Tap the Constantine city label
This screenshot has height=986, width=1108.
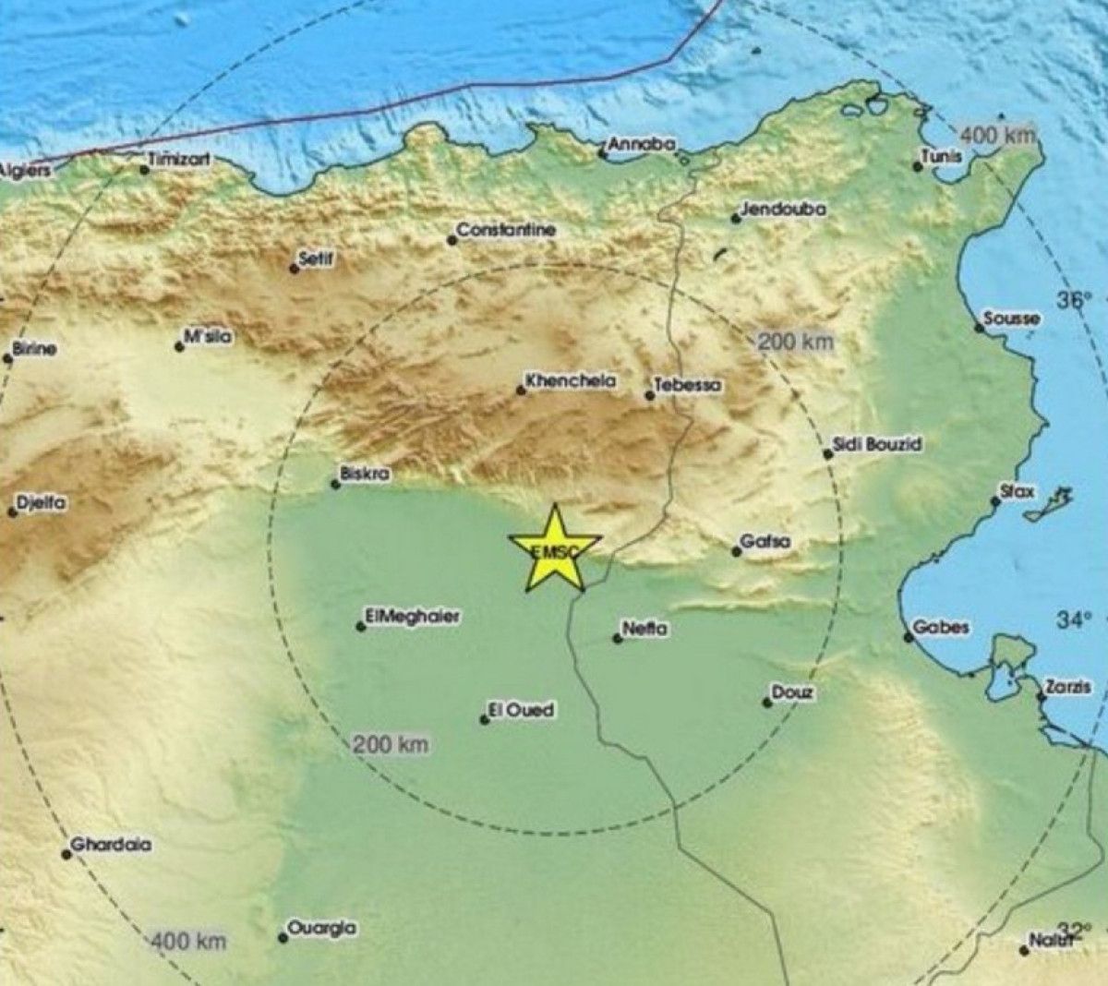pos(506,230)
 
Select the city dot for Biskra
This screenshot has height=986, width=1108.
pos(336,483)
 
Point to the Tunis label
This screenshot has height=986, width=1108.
pos(943,157)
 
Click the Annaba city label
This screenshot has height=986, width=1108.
pos(642,144)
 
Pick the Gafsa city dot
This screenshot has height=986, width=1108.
pos(736,551)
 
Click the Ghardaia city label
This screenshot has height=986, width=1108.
pos(112,844)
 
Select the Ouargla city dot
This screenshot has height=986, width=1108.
pos(283,938)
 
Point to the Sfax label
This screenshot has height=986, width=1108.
pos(1018,491)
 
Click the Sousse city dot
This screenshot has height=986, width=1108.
pos(979,327)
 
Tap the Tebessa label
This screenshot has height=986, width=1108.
pos(688,385)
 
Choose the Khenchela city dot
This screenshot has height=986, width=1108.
pos(521,391)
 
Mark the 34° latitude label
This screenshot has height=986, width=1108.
pos(1074,619)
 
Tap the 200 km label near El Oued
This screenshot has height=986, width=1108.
pos(391,744)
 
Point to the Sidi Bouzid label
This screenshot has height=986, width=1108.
pos(877,444)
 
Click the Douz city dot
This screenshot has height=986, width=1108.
pos(766,703)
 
